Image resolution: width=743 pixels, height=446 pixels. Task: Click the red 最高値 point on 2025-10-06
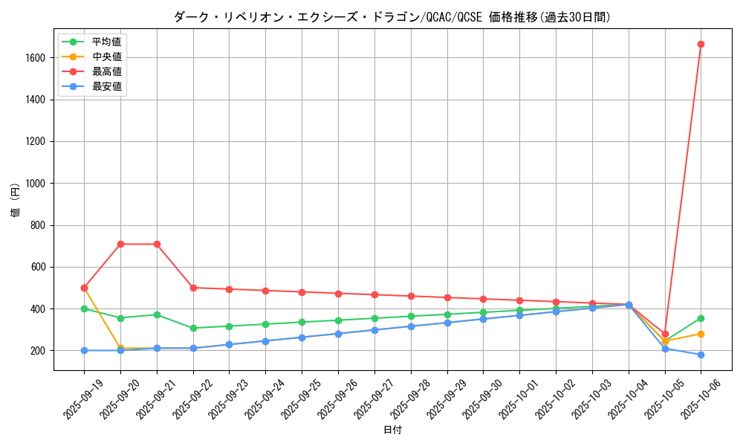pyautogui.click(x=701, y=44)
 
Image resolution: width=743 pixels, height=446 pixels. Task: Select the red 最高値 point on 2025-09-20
pyautogui.click(x=120, y=244)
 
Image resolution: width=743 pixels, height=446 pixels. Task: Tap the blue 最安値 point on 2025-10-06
pyautogui.click(x=701, y=355)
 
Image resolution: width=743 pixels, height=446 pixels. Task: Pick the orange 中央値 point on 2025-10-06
pyautogui.click(x=701, y=334)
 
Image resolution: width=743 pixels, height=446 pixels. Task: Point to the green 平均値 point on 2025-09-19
pyautogui.click(x=84, y=308)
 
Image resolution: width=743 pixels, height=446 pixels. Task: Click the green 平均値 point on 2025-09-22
pyautogui.click(x=193, y=328)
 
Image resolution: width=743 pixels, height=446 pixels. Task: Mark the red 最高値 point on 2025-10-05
pyautogui.click(x=665, y=334)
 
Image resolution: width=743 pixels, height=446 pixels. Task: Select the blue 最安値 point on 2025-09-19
pyautogui.click(x=84, y=350)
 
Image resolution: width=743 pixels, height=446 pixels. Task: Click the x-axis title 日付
pyautogui.click(x=392, y=430)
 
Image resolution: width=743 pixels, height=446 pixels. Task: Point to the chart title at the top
pyautogui.click(x=392, y=17)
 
